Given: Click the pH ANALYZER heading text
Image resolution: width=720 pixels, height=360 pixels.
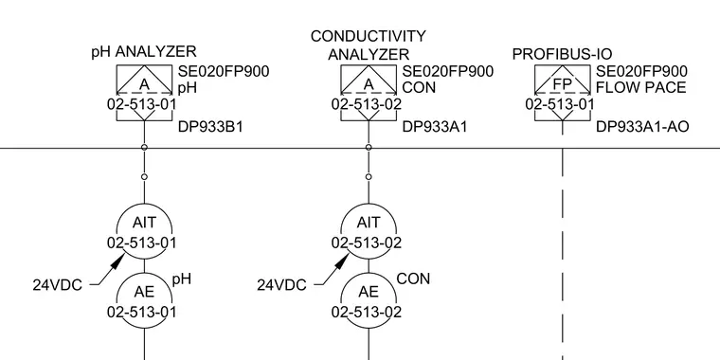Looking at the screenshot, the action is point(144,51).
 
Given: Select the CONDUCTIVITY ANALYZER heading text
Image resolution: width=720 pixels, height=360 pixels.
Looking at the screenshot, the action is point(369,45).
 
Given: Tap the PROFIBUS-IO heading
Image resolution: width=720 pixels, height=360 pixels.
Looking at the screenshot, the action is point(562,54).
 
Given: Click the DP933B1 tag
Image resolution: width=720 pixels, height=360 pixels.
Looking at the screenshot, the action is point(210,127).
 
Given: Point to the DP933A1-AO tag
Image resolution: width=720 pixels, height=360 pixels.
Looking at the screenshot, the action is point(642,127).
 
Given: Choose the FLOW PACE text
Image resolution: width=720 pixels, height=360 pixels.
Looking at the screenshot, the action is point(641,87).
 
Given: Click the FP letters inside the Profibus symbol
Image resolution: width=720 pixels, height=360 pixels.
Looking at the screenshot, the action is point(562,84).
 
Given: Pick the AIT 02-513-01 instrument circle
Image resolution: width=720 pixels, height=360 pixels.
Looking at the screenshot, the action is point(144,232).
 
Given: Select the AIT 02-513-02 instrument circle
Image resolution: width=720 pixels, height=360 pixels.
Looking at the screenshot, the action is point(369,232).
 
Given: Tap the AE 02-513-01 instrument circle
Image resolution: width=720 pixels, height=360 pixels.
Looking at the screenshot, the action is point(144,301).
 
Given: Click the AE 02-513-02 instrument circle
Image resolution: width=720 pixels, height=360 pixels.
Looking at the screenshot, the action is point(369,301).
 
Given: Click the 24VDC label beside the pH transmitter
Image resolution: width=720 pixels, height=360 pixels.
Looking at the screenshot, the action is point(58,285).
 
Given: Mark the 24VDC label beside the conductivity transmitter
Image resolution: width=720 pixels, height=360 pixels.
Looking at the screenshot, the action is point(281,285).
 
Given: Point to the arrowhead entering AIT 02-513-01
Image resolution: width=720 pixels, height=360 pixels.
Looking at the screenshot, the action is point(118,260).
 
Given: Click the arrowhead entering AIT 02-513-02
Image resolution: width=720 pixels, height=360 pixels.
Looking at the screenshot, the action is point(343,260).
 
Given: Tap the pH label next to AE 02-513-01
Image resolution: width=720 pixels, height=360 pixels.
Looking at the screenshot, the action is point(182,279).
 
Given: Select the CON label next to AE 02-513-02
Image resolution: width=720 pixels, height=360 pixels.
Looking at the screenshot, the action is point(413,279).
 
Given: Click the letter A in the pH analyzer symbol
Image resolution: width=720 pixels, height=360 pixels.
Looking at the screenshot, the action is point(144,84).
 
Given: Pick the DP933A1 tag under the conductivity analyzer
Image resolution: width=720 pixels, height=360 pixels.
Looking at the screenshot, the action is point(435,127).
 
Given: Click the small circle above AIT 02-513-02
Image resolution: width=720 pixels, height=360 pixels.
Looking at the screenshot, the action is point(369,177).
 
